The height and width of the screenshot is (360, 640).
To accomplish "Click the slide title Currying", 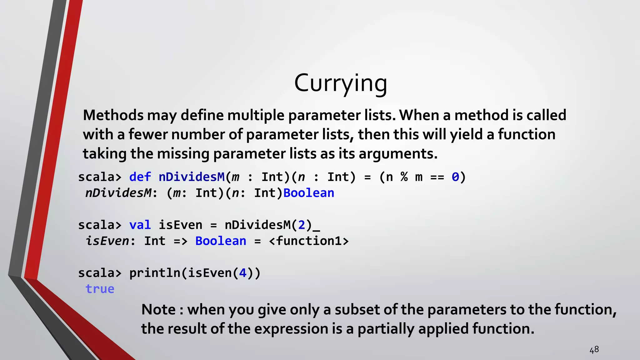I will click(341, 83).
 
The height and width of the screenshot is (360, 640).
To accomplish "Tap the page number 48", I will click(594, 349).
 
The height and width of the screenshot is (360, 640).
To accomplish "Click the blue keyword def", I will click(140, 177).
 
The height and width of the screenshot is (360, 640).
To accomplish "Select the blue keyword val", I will click(140, 225).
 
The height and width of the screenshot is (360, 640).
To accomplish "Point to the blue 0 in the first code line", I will click(455, 177).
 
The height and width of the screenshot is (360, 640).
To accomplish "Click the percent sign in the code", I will click(404, 177).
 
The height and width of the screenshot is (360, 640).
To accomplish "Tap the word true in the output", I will click(100, 289).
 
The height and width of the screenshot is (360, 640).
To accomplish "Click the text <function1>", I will click(308, 241).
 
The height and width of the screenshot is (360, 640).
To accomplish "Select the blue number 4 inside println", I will click(242, 273).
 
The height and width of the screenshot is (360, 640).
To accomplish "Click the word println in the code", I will click(155, 273).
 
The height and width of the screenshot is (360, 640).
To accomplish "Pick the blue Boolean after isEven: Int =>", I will click(221, 241).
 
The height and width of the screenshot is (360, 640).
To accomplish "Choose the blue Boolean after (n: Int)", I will click(309, 193).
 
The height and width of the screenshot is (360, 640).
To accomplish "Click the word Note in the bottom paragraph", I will click(158, 310).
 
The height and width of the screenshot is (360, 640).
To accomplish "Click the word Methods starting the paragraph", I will click(113, 115).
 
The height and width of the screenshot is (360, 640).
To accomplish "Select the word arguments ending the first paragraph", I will click(398, 154).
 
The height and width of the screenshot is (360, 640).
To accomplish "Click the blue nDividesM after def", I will click(192, 177).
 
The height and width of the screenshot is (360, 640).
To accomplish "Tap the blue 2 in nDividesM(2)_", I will click(301, 225).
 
